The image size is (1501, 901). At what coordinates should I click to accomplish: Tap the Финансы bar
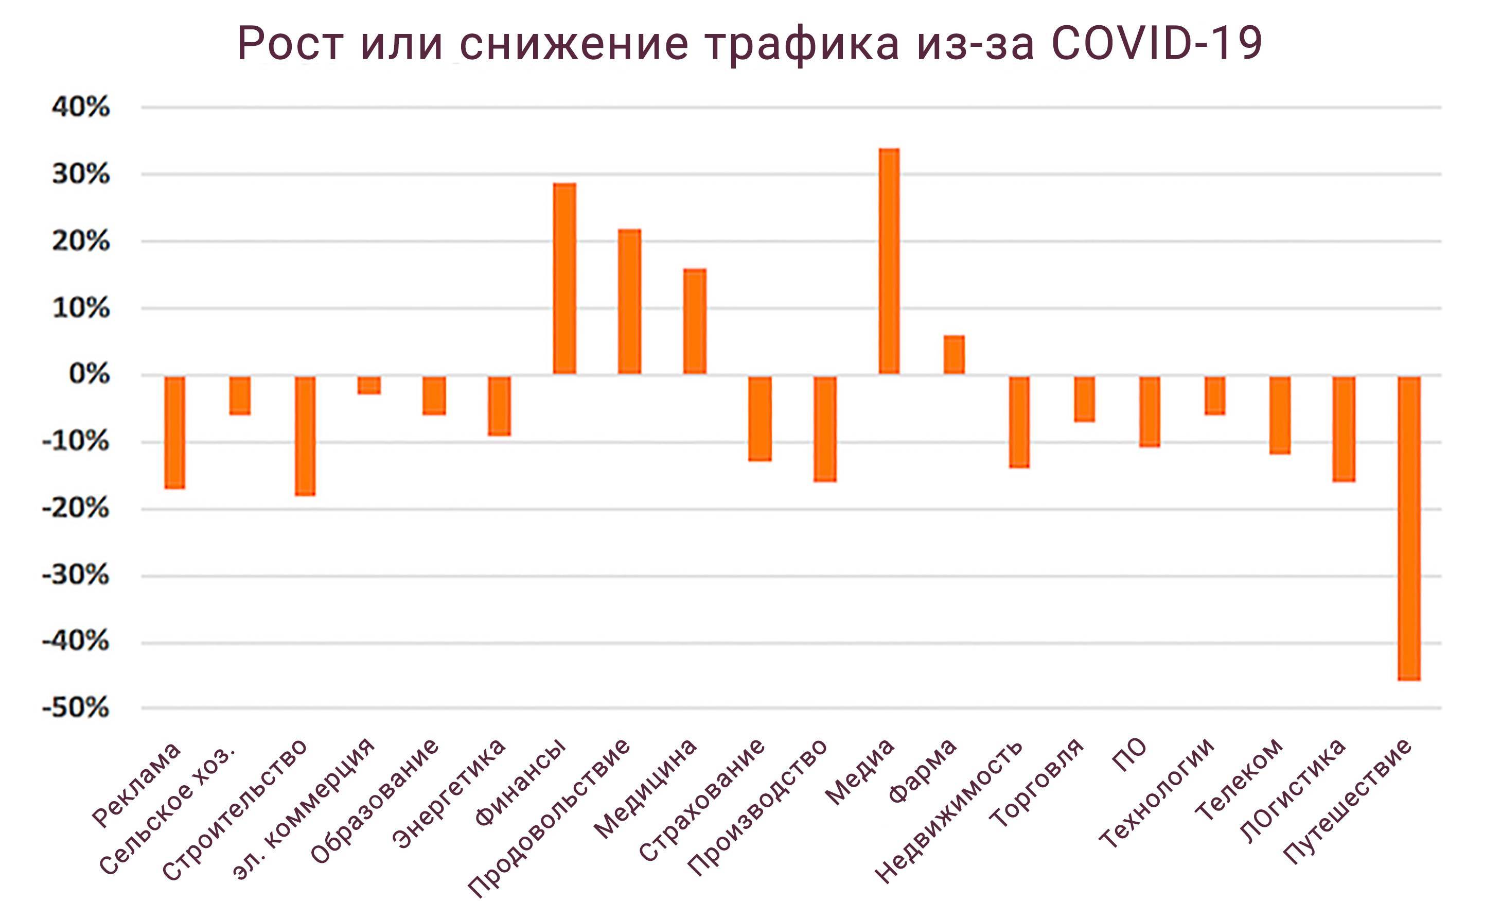coord(564,278)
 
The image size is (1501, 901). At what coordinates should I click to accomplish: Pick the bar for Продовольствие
coord(629,301)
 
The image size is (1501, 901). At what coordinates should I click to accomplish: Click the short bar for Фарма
coord(953,355)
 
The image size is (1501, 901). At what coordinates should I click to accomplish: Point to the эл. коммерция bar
coord(369,385)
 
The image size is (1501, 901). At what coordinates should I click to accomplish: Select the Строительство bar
coord(305,436)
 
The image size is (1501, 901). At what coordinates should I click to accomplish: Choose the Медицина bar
coord(695,321)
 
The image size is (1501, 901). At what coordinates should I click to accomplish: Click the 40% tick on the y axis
coord(81,108)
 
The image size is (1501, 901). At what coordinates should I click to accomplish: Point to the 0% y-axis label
coord(89,374)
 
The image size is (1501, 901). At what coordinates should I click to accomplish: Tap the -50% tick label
coord(76,707)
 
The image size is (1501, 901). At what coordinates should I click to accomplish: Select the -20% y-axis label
coord(76,508)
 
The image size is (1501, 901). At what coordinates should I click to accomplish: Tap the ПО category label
coord(1129,755)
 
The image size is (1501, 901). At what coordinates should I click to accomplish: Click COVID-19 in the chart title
coord(1156,44)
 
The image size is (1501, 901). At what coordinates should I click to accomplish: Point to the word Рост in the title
coord(290,44)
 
